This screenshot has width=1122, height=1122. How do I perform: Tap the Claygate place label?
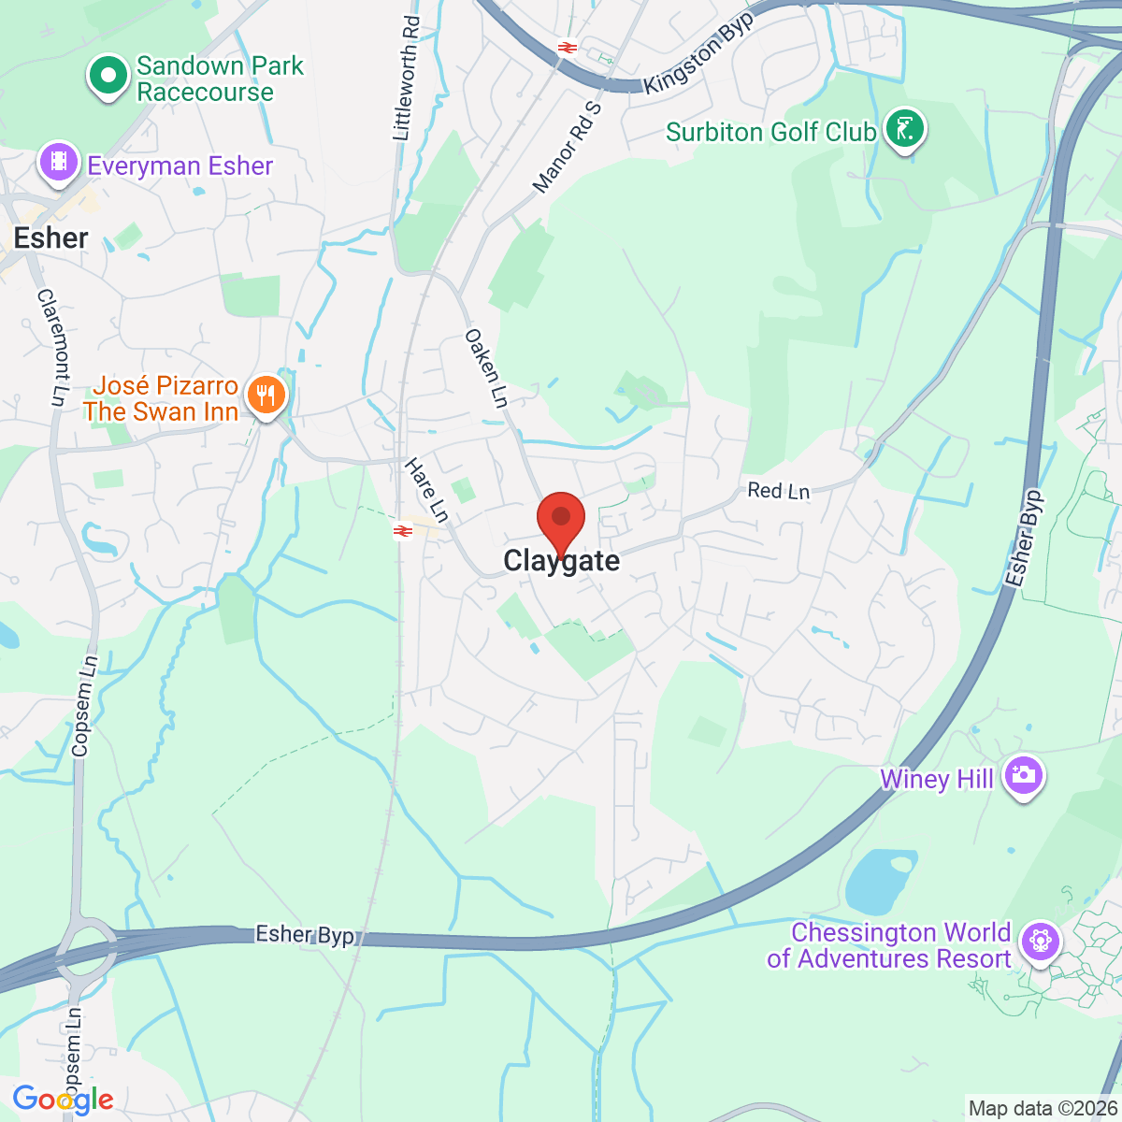point(561,561)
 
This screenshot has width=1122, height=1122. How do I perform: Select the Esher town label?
point(51,238)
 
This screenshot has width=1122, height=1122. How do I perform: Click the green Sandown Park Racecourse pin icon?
point(108,75)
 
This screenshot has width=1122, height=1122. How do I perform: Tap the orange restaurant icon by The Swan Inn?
point(266,396)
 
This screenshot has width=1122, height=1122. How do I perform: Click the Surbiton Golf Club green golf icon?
point(903,129)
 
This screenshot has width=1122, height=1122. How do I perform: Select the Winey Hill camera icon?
point(1023,776)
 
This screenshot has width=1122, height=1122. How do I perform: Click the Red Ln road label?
point(778,490)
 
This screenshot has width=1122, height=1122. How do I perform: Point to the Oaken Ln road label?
point(486,368)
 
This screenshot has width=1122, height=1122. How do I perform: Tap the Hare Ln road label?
point(426,489)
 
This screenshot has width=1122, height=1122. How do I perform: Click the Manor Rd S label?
point(567,147)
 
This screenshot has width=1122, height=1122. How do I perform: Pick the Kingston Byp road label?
point(698,54)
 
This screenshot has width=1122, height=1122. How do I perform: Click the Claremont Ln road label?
point(53,347)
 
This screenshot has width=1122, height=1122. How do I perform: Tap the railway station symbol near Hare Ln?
point(403,531)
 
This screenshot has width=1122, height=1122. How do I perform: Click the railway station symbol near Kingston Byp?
point(567,46)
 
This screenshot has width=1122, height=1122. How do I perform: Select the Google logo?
point(63,1100)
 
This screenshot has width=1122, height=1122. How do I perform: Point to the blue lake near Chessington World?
point(880,881)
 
